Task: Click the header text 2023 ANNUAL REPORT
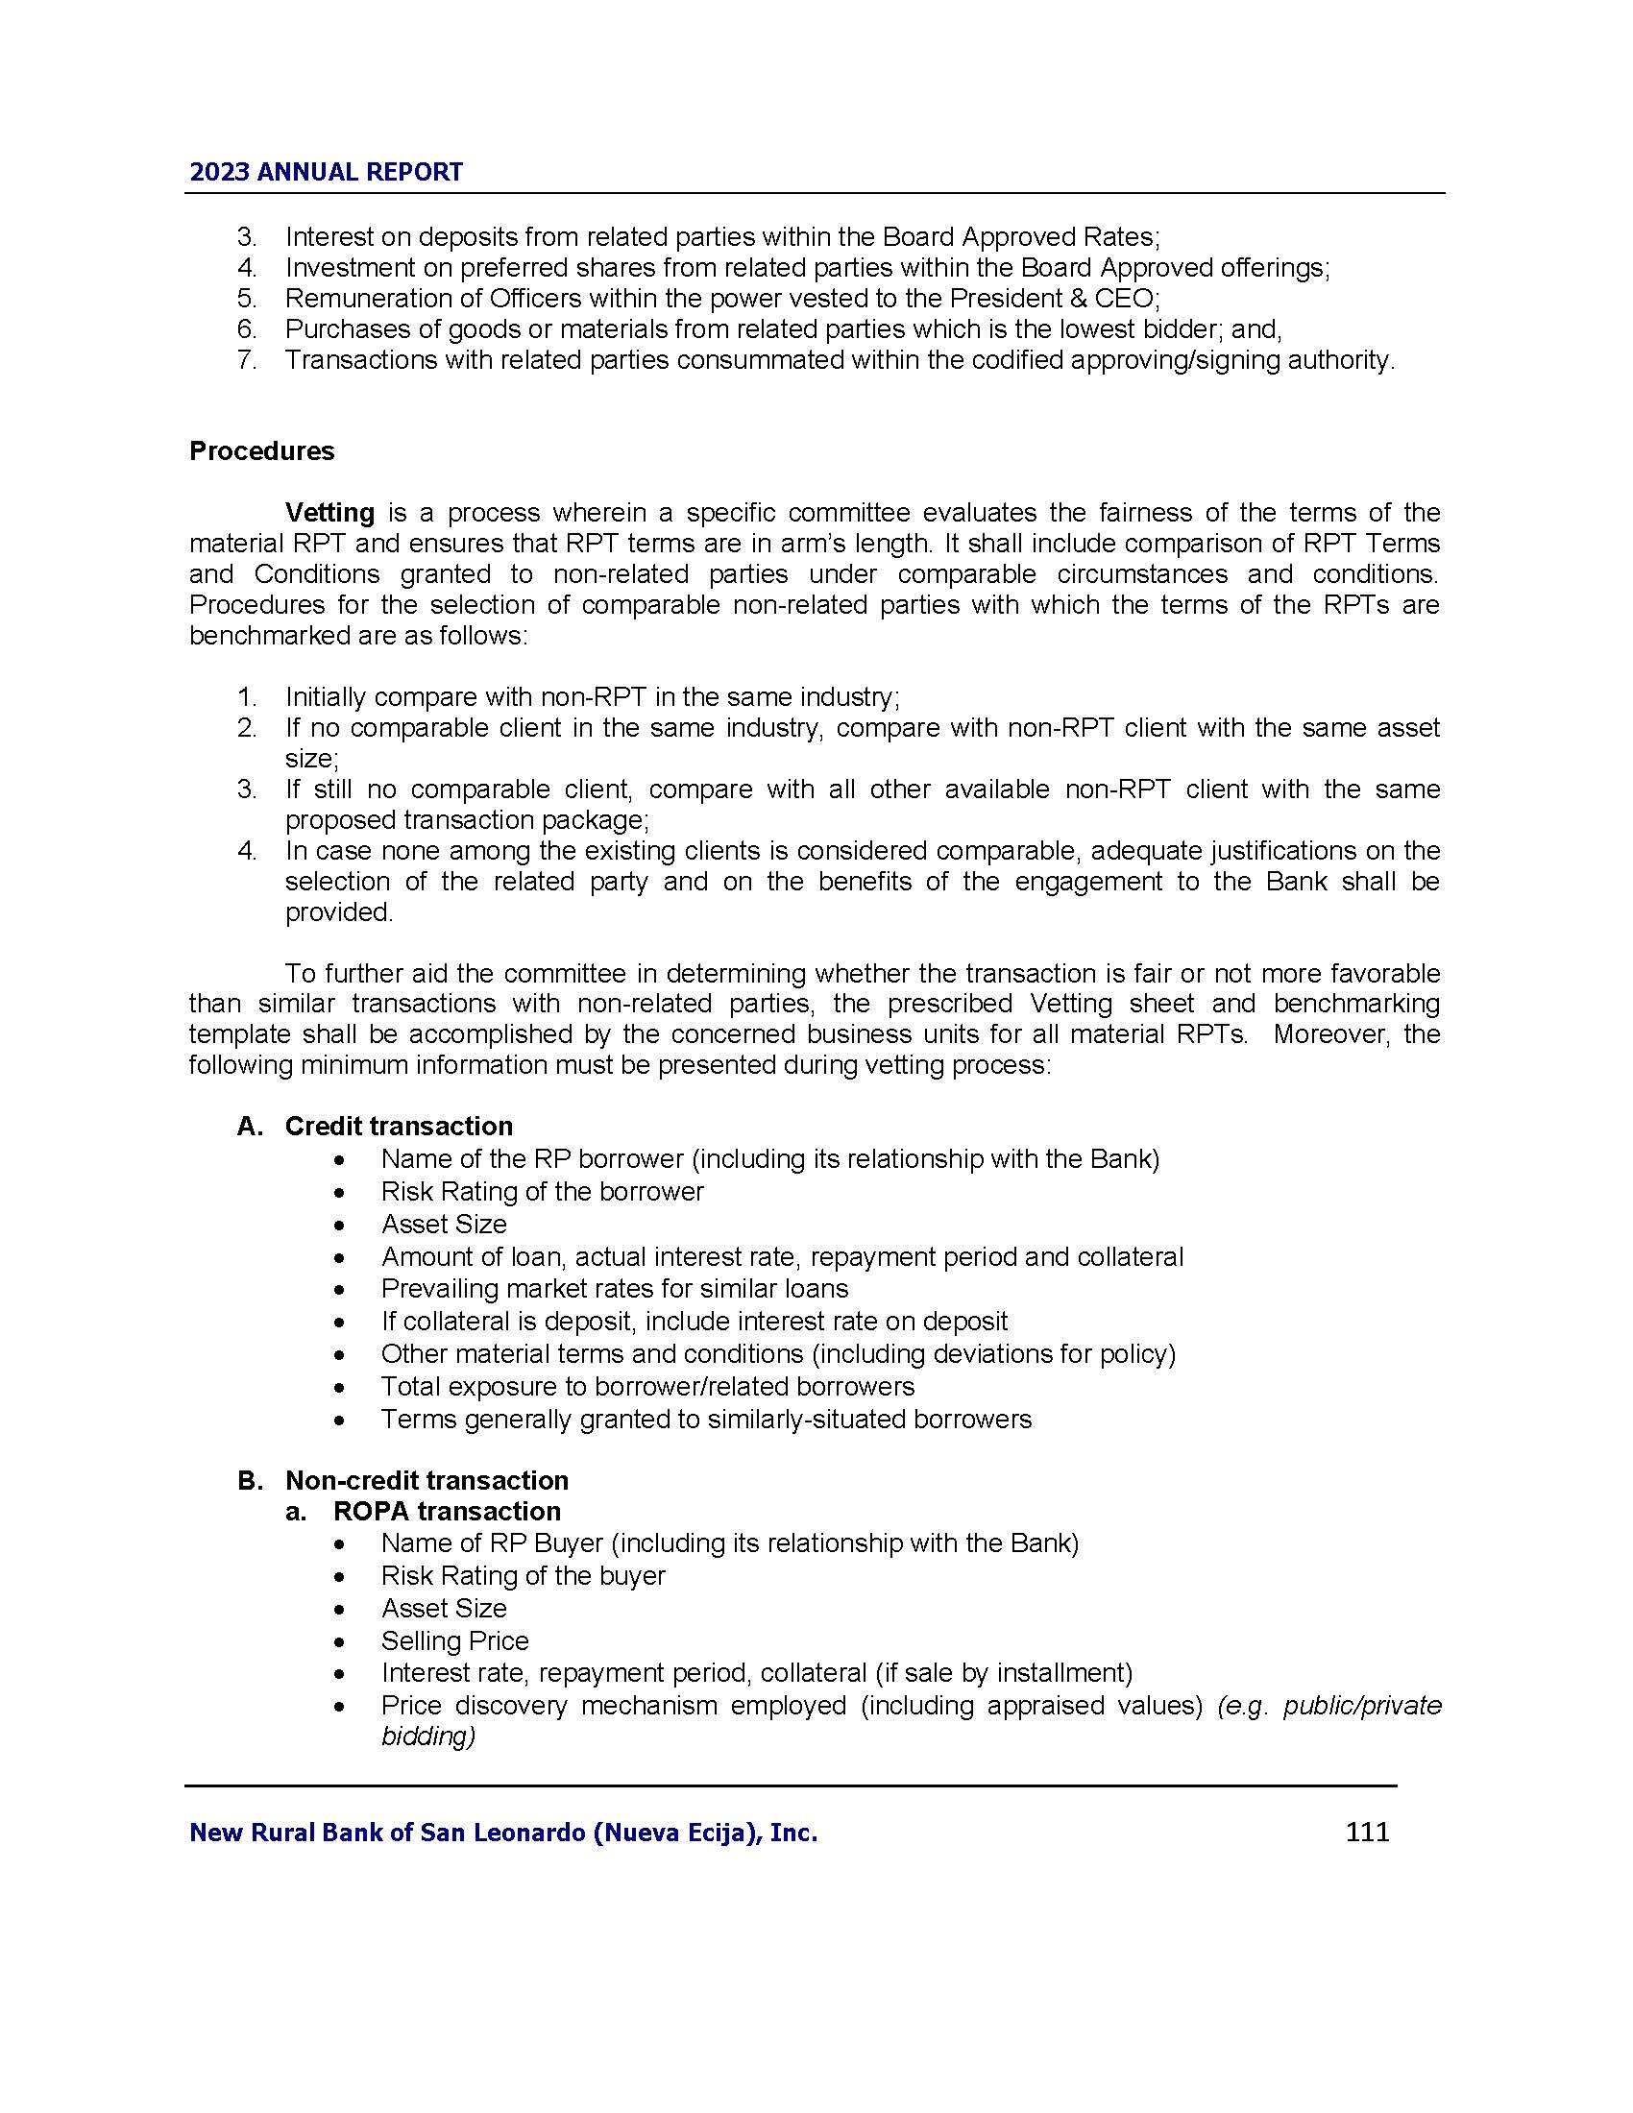[x=326, y=172]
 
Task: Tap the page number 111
[x=1367, y=1832]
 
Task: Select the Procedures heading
[x=261, y=450]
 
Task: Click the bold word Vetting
[x=329, y=512]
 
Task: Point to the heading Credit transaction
[x=399, y=1127]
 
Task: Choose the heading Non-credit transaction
[x=427, y=1480]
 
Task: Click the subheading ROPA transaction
[x=447, y=1511]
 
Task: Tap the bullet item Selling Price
[x=454, y=1640]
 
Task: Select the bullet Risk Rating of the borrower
[x=542, y=1191]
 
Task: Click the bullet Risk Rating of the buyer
[x=523, y=1576]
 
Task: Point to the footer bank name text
[x=503, y=1833]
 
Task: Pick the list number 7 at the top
[x=246, y=360]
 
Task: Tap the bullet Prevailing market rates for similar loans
[x=615, y=1289]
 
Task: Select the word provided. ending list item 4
[x=338, y=912]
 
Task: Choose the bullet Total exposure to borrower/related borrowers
[x=647, y=1386]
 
